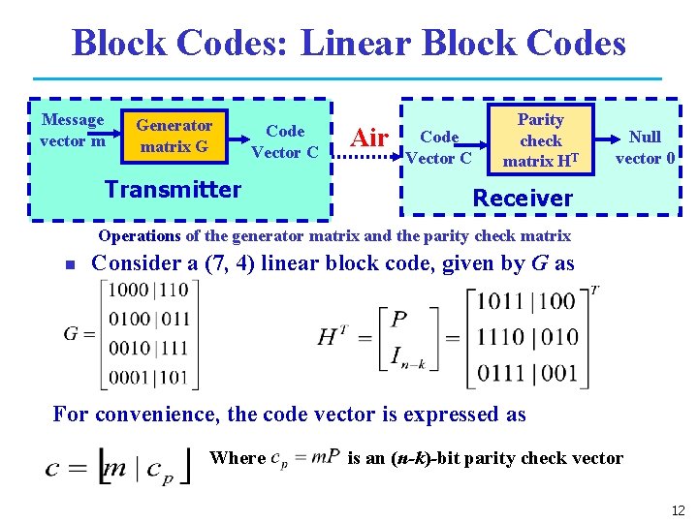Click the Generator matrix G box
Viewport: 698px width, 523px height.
pos(174,137)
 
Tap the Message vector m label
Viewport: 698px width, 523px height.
pos(72,130)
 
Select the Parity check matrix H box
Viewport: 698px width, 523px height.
pos(540,139)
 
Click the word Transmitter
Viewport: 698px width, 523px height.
pos(173,189)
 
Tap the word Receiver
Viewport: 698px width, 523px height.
pos(522,199)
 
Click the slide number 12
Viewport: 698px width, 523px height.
pos(677,509)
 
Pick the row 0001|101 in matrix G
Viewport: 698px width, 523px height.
pos(148,376)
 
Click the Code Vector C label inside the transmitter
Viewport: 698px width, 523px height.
pos(285,141)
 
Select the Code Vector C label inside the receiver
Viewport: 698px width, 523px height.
pos(438,147)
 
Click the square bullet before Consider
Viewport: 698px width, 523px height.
pos(70,264)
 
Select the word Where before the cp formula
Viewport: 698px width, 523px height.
pos(238,458)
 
